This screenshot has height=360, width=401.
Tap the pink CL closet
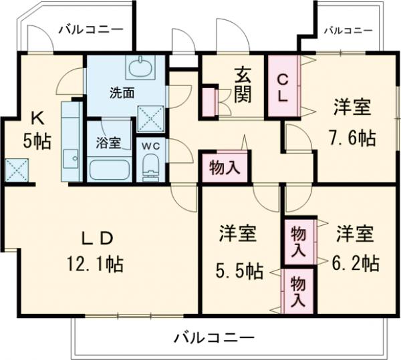pos(283,86)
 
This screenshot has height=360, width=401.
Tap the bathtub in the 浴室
pos(109,168)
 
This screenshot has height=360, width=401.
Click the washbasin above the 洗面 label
pos(141,67)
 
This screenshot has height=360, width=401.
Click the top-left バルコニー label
pos(91,29)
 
